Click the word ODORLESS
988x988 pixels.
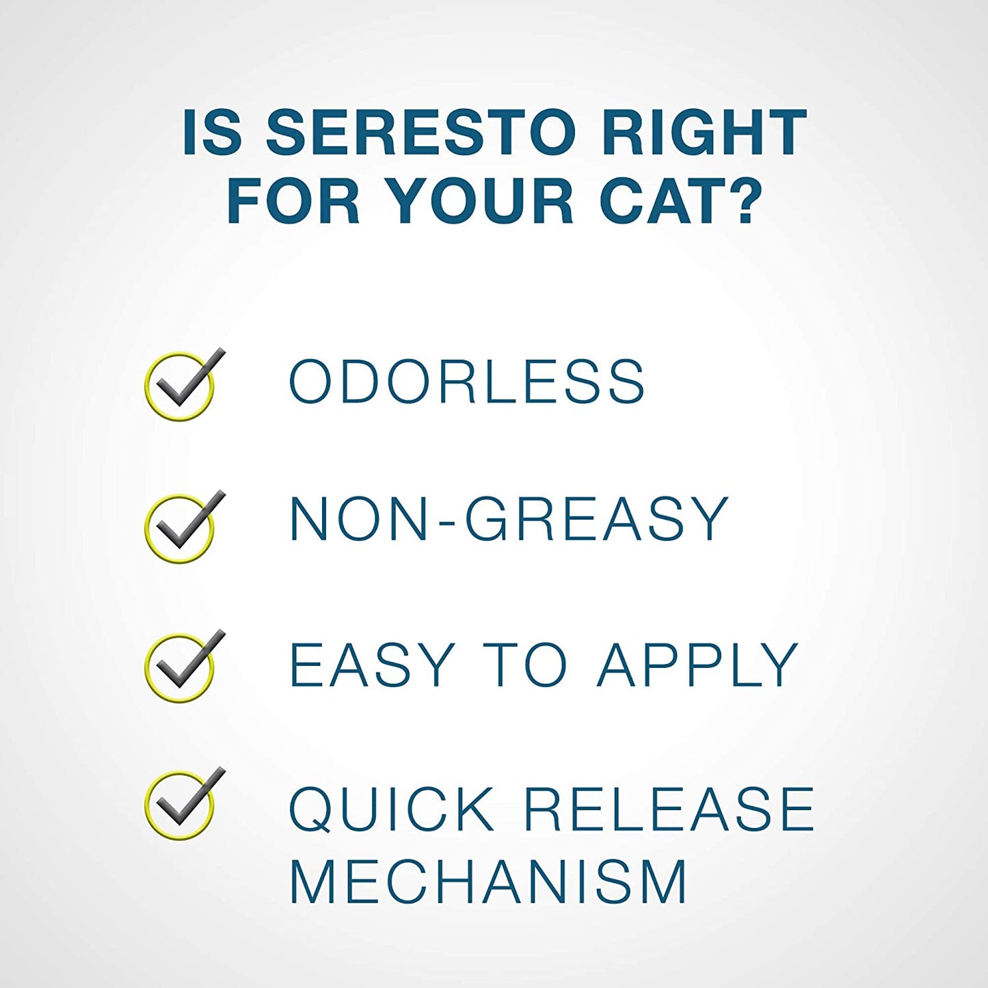coord(467,382)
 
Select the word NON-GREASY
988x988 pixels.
coord(509,519)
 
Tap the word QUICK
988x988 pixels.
coord(392,809)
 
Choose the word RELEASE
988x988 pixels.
coord(669,809)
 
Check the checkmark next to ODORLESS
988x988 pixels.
coord(183,384)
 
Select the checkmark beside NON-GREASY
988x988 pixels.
coord(183,526)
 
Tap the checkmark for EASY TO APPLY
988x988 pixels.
coord(183,665)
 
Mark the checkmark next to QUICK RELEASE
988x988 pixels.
coord(183,803)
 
